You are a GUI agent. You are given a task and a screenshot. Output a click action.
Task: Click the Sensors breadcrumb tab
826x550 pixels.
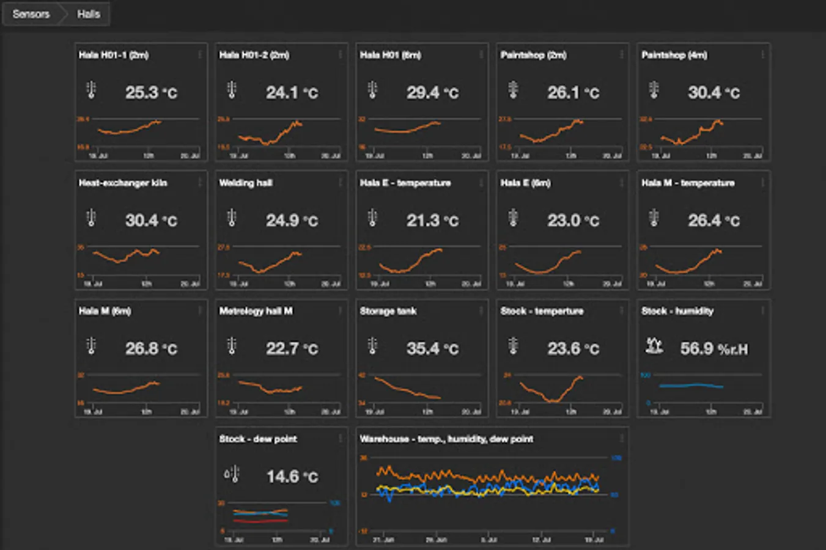pos(31,14)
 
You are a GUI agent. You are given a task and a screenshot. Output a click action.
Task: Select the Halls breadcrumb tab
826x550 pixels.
pos(88,14)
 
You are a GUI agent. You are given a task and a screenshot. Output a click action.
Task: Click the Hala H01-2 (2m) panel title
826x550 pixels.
pos(254,55)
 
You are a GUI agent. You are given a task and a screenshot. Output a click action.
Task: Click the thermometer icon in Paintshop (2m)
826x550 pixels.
pos(514,90)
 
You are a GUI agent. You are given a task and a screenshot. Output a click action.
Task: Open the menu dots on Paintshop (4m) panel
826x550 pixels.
pos(762,55)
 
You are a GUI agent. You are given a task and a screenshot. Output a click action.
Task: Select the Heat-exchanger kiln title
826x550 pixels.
pos(123,183)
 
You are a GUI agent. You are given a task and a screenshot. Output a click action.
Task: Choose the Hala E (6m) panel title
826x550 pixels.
pos(525,183)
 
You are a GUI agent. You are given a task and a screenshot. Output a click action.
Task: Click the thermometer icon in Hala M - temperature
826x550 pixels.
pos(654,218)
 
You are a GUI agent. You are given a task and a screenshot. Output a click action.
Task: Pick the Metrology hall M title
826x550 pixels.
pos(256,311)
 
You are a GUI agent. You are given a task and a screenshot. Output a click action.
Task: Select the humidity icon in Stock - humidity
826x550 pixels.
pos(654,346)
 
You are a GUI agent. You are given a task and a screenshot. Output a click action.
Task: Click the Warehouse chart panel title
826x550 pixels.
pos(446,439)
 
